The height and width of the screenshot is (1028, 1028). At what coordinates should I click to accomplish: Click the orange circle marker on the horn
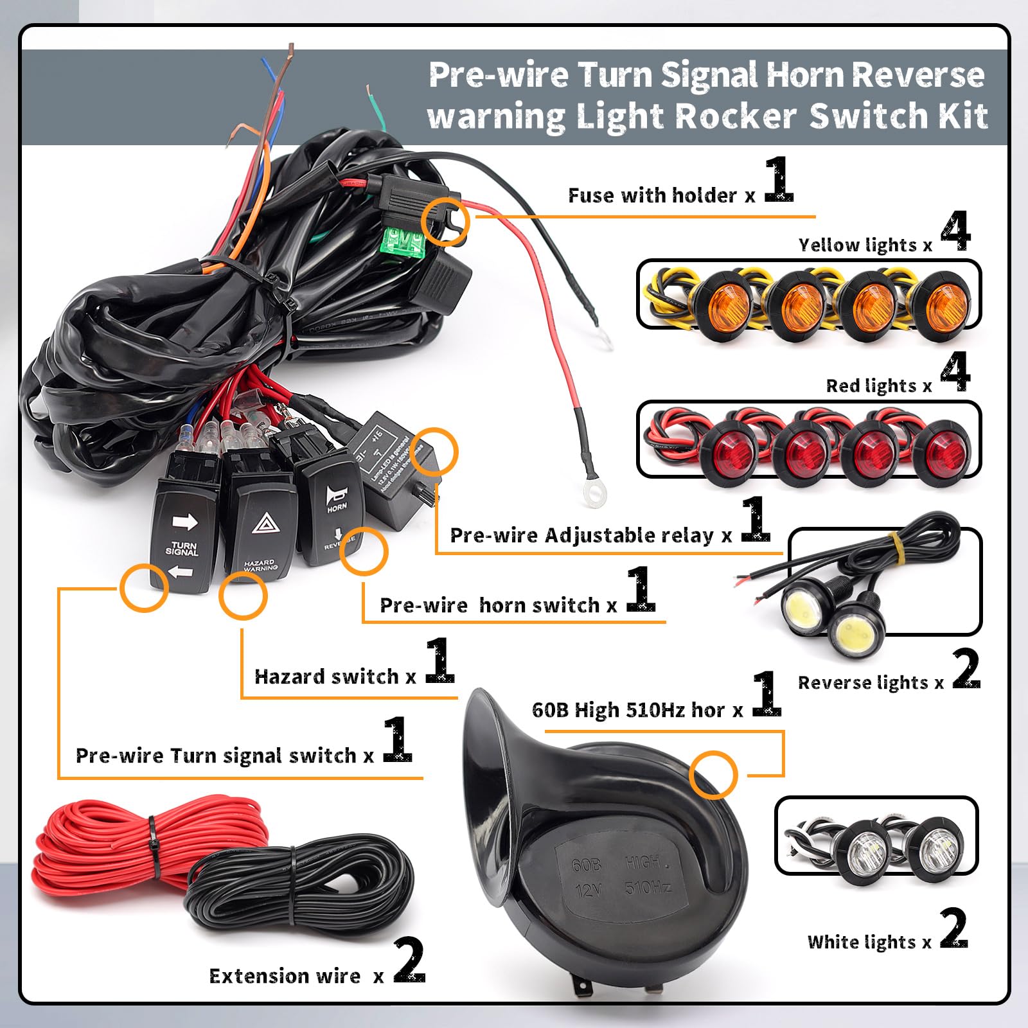tap(713, 775)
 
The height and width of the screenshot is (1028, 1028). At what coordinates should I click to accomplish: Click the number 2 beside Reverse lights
tap(966, 669)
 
